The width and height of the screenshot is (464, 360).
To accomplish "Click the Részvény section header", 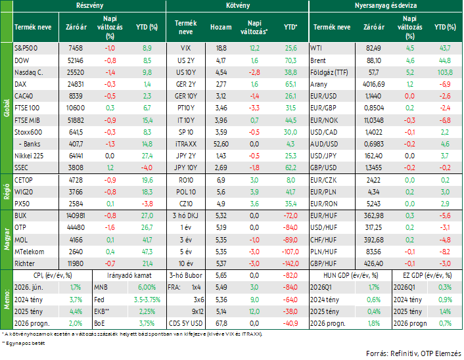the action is (89, 6).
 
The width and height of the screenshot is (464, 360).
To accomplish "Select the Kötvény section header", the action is (238, 6).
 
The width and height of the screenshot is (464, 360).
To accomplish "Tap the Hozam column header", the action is (221, 27).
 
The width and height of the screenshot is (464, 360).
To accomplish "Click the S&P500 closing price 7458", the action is (76, 48).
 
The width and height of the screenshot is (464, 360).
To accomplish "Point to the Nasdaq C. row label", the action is (29, 72).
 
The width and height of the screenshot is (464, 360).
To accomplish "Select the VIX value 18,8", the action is (221, 48).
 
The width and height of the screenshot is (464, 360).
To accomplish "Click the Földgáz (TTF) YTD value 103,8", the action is (445, 72).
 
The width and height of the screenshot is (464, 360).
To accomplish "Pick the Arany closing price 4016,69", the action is (374, 84).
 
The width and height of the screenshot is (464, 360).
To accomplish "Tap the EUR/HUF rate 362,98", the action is (374, 215).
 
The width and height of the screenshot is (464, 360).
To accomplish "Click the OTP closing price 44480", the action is (76, 227).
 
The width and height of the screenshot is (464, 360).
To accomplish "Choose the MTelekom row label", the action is (30, 252).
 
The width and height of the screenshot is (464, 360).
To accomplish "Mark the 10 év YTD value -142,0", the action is (290, 263).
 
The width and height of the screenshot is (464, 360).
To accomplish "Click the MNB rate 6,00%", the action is (147, 287).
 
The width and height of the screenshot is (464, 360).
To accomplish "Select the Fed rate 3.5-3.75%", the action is (147, 300).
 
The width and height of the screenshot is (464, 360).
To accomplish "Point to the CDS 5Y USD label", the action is (185, 323).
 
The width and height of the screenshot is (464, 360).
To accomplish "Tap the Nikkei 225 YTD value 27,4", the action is (147, 156).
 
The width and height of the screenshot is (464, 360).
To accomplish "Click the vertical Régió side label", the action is (7, 192).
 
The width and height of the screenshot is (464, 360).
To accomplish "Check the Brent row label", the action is (318, 60).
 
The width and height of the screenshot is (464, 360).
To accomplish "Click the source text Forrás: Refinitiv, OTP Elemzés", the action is (413, 353).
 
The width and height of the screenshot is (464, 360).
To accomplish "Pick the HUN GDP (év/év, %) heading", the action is (351, 275).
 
